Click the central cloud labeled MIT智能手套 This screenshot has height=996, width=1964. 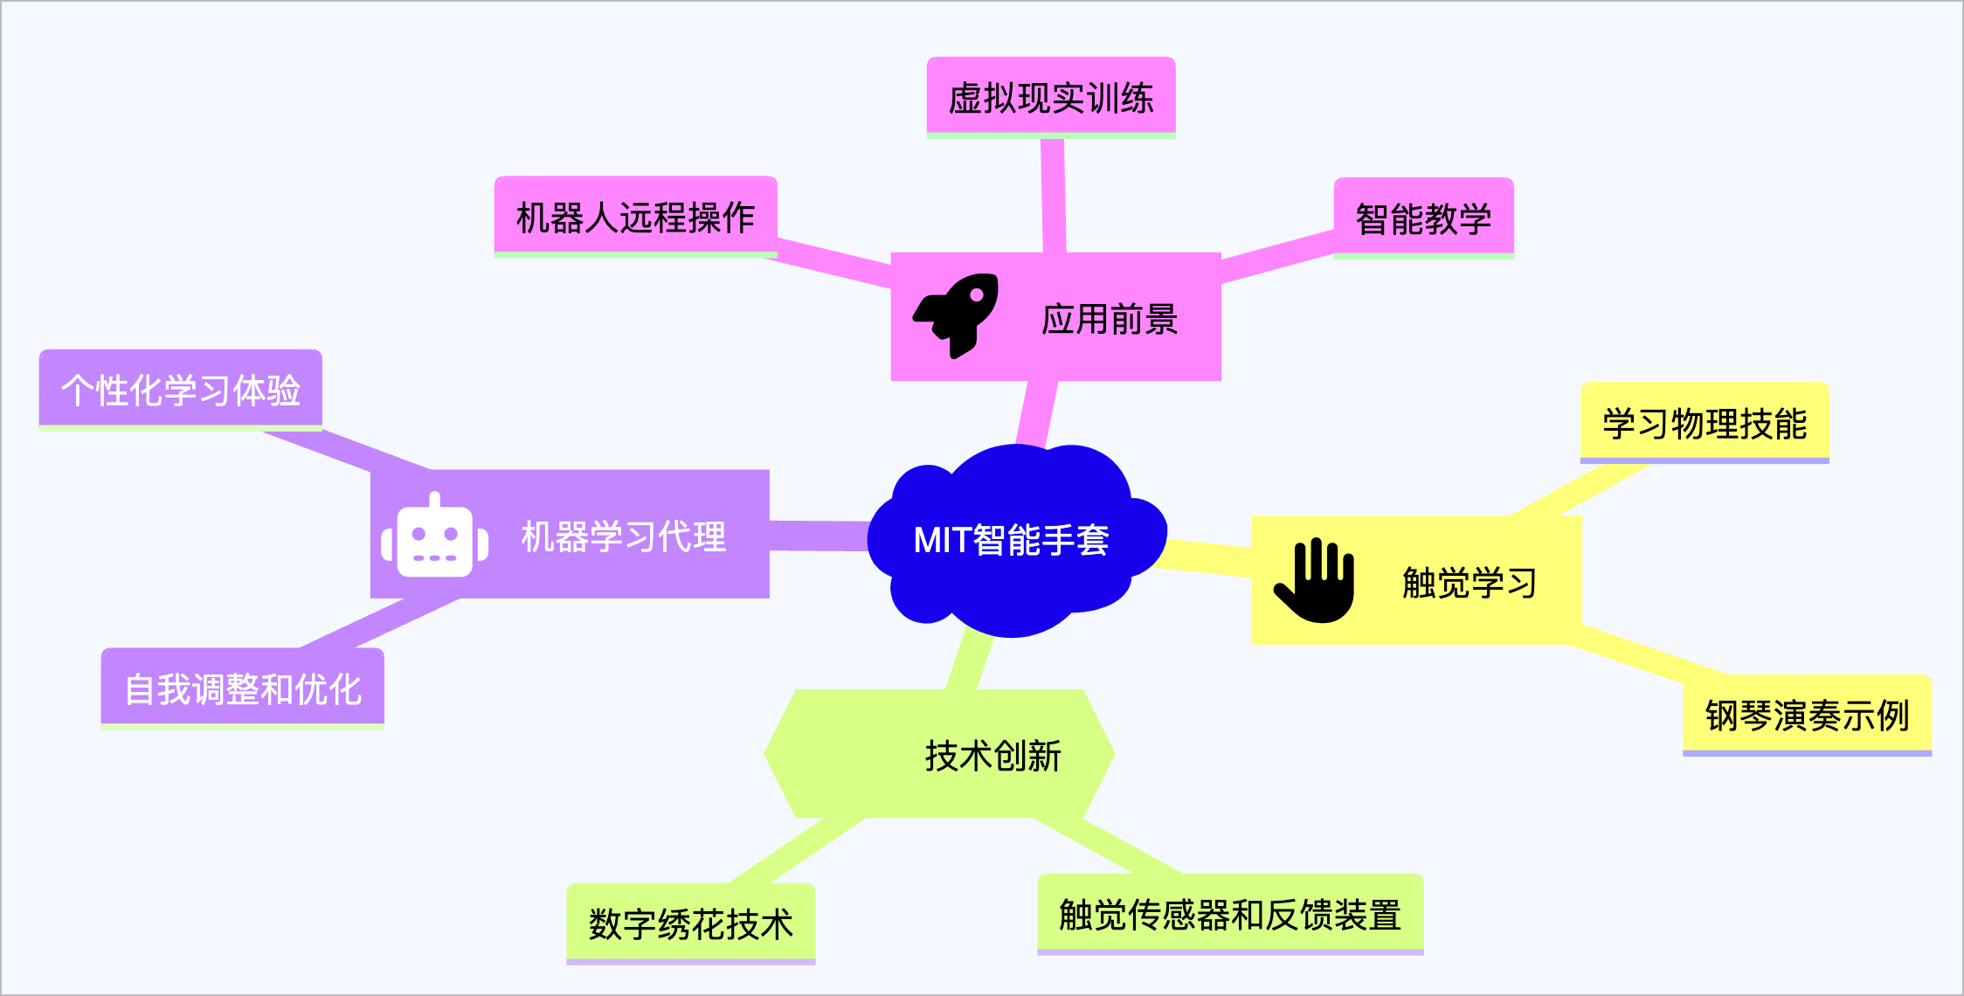coord(1013,540)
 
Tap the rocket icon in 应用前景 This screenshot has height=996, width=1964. coord(958,315)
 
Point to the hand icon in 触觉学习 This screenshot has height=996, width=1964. coord(1316,580)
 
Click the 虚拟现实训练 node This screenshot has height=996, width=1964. coord(1051,97)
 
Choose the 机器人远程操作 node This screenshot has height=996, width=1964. coord(635,217)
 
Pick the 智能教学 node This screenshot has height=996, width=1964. coord(1423,218)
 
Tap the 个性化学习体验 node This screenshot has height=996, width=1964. coord(180,390)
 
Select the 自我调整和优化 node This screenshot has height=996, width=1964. coord(242,688)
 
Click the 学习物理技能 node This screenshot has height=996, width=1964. coord(1704,423)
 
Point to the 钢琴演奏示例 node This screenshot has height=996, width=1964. coord(1807,715)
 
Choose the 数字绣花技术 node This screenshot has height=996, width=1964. coord(690,923)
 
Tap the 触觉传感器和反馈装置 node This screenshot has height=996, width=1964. coord(1229,914)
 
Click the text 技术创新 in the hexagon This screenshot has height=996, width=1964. coord(992,756)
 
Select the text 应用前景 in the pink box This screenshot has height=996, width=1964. coord(1110,319)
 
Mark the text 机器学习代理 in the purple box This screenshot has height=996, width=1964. coord(623,536)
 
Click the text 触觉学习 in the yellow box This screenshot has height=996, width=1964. coord(1469,582)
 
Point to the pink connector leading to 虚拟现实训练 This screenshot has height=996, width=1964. coord(1053,197)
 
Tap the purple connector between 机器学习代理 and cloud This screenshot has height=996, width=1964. coord(819,536)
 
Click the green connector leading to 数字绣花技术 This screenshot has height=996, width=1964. coord(795,852)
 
